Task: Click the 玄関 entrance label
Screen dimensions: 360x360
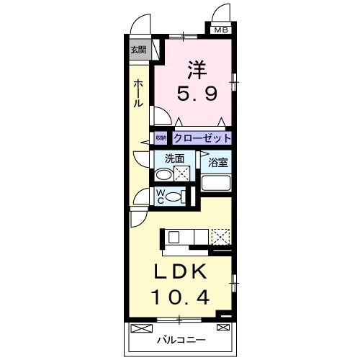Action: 138,50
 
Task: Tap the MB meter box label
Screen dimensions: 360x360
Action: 220,30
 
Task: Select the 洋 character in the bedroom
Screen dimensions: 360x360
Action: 197,69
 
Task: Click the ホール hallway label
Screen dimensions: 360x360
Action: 138,94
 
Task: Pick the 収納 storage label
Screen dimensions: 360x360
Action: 161,138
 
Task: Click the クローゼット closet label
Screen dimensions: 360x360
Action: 202,138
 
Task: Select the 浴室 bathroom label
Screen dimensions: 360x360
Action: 218,163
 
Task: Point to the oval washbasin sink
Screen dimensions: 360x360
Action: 164,174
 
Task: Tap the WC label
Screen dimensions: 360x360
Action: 161,196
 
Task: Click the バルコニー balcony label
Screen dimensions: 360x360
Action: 181,339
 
